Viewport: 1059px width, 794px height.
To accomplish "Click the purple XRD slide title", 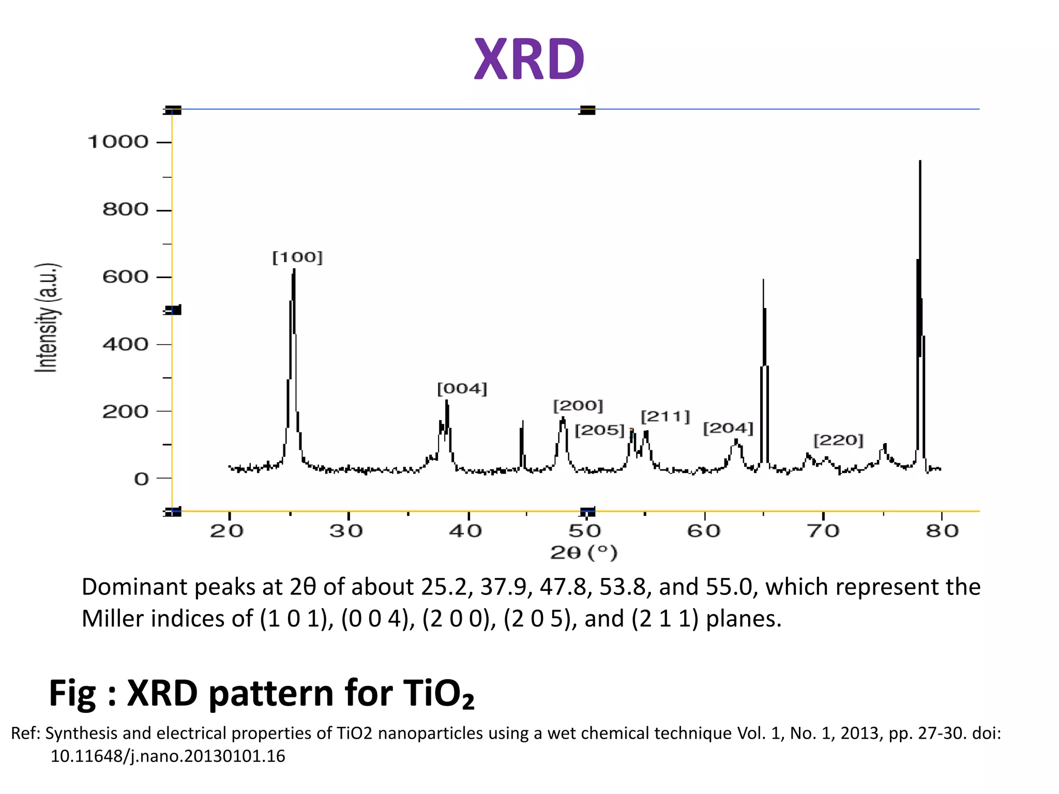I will click(529, 59).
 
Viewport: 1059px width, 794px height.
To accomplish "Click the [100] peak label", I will click(297, 257).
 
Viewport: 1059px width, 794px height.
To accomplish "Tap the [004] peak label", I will click(462, 389).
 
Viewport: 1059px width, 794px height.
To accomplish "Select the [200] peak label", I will click(578, 405).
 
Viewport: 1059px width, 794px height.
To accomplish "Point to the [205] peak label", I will click(600, 430).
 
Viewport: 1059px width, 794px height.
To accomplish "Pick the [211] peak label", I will click(665, 417).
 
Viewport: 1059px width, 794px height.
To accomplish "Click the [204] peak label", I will click(728, 428).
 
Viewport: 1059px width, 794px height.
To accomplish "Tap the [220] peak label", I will click(838, 440).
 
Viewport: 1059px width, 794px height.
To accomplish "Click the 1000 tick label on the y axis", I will click(118, 142).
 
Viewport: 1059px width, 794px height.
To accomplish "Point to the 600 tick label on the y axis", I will click(125, 277).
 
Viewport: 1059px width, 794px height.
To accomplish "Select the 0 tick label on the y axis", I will click(141, 479).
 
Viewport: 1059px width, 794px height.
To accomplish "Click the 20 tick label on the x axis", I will click(226, 531).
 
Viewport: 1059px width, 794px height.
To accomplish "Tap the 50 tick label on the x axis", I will click(584, 531).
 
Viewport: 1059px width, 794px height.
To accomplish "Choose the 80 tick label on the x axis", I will click(942, 531).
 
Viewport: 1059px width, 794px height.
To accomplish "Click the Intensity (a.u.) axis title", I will click(47, 317).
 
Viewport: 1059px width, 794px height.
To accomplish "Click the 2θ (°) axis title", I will click(584, 553).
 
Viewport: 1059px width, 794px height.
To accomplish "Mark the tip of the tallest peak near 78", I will click(920, 162).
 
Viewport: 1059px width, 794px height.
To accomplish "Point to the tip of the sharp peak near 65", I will click(763, 280).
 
